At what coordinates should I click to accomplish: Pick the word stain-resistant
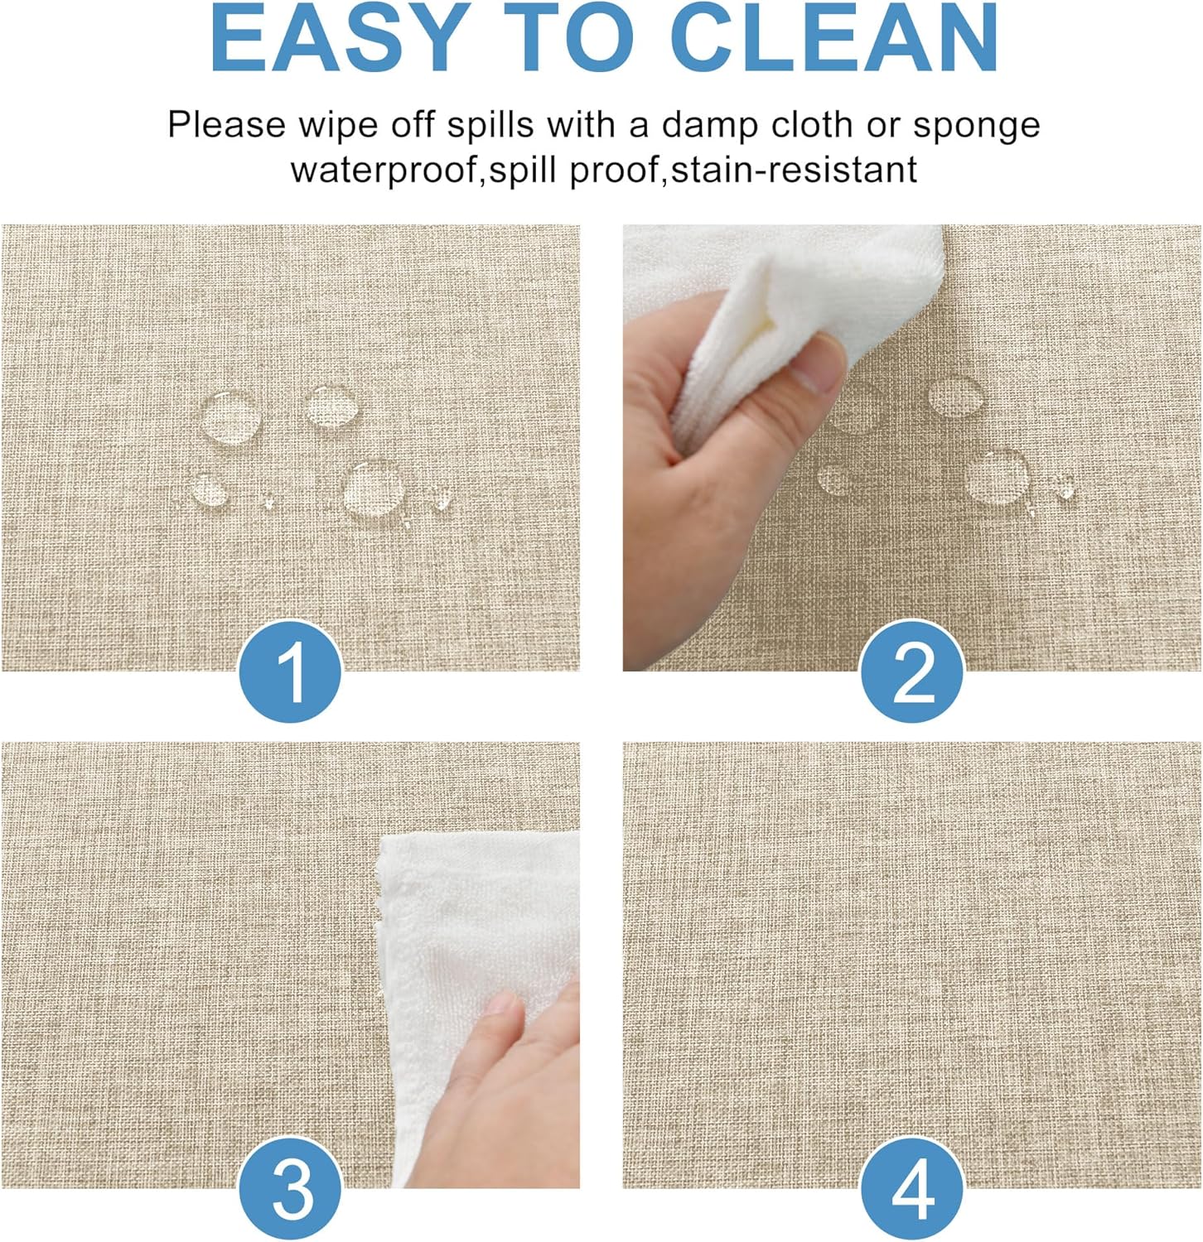[793, 170]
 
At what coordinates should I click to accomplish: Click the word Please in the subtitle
[226, 125]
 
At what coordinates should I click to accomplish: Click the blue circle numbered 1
[291, 673]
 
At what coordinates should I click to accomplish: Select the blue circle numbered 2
[913, 673]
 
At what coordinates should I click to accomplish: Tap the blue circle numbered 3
[291, 1190]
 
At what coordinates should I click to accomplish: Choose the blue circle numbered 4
[913, 1190]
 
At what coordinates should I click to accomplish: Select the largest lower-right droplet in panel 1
[373, 489]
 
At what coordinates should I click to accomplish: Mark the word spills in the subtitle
[490, 125]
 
